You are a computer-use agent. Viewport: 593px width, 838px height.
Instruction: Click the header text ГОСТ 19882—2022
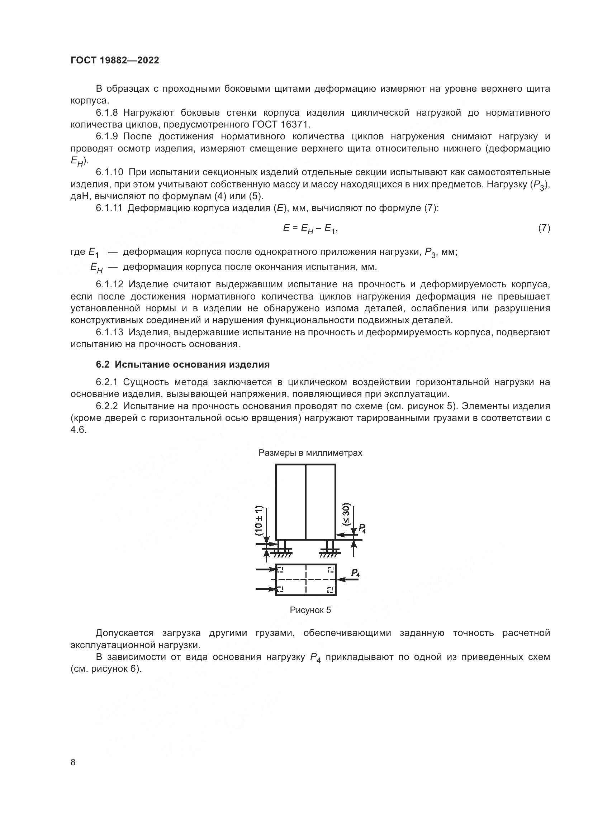(x=115, y=61)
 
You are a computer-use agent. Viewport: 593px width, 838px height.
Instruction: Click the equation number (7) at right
(x=544, y=228)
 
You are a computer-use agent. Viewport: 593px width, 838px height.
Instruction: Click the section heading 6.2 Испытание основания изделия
(x=182, y=364)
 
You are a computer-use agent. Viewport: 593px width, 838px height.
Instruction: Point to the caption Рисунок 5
(x=310, y=610)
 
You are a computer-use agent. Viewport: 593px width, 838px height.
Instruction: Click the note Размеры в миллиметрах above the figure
(x=310, y=453)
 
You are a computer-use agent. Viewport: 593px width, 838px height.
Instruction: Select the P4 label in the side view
(x=362, y=528)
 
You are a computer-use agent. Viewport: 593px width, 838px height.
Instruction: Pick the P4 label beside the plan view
(x=355, y=573)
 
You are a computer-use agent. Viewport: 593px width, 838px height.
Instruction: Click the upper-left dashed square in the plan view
(x=280, y=570)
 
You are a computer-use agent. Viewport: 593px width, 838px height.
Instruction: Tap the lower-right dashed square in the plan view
(x=330, y=589)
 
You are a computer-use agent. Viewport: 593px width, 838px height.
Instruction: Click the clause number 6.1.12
(x=110, y=284)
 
